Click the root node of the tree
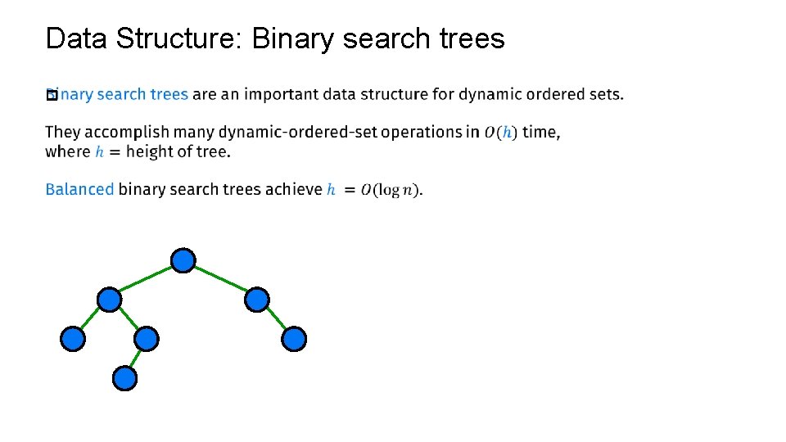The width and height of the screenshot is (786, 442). [183, 260]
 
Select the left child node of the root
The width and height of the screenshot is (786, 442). [109, 300]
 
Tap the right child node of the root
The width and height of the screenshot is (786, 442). [257, 300]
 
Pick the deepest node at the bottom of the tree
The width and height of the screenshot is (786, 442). [124, 378]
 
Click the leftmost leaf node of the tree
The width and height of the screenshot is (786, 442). [73, 339]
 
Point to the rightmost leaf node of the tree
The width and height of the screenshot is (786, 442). [294, 339]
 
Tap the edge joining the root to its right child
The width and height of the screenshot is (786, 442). [220, 280]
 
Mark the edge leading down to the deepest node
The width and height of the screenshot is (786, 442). [135, 359]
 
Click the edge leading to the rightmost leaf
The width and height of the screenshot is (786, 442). [276, 319]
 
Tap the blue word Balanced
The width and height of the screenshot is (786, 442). [79, 189]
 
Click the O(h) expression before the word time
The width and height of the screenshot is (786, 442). [500, 133]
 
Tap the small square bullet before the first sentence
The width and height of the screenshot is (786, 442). [51, 95]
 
